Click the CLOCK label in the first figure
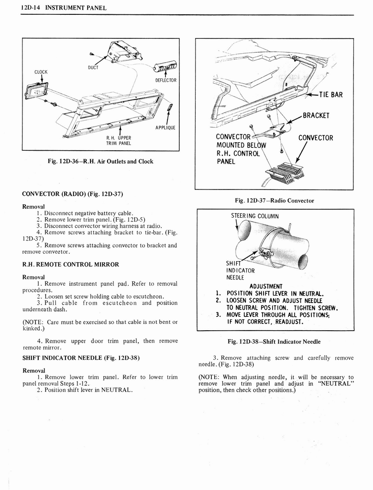(x=41, y=72)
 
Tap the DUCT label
(x=93, y=67)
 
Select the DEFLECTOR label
(x=166, y=80)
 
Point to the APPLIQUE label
(x=166, y=127)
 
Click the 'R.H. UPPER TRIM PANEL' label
(x=118, y=141)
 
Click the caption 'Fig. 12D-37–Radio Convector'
(x=274, y=200)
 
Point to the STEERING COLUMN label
(x=254, y=216)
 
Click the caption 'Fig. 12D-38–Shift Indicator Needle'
(x=274, y=341)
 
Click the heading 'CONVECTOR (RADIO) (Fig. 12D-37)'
(x=73, y=194)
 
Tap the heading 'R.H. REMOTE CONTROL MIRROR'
(x=71, y=264)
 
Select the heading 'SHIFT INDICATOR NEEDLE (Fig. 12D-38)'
(x=81, y=357)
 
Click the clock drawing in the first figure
(x=37, y=91)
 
